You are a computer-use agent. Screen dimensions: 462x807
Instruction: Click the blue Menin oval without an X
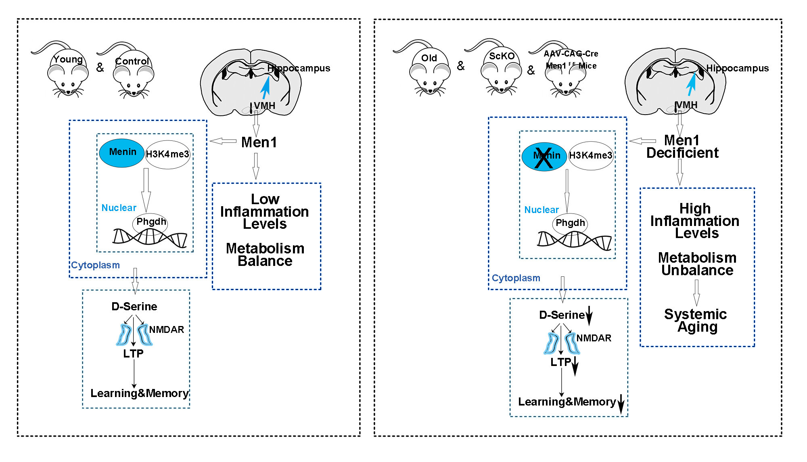pos(121,153)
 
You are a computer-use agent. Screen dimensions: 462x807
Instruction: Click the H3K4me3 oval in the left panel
pos(167,154)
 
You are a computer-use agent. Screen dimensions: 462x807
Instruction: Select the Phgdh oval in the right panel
pos(570,224)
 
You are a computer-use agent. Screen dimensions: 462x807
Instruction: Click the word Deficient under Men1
pos(682,153)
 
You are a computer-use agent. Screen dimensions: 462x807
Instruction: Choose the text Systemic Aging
pos(696,320)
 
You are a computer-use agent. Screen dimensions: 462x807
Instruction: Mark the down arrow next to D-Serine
pos(589,316)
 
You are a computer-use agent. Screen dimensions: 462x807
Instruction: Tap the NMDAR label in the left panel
pos(166,330)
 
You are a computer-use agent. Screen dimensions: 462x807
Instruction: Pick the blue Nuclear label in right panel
pos(541,210)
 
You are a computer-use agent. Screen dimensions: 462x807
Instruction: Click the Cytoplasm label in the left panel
pos(96,265)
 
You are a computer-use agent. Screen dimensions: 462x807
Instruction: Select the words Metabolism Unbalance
pos(697,264)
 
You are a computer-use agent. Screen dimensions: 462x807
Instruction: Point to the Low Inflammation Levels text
pos(265,211)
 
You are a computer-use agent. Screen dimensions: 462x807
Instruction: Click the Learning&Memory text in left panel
pos(139,393)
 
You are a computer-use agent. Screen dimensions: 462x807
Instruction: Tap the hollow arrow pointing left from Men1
pos(223,141)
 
